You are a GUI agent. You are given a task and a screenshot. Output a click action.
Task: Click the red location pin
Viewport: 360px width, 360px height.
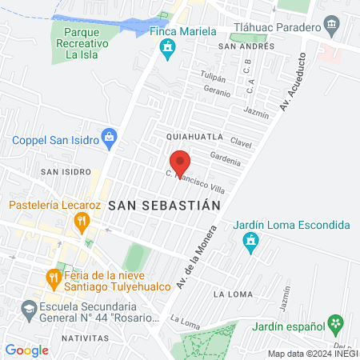point(180,162)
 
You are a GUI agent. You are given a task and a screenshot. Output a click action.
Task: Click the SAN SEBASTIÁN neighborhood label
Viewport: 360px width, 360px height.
point(163,205)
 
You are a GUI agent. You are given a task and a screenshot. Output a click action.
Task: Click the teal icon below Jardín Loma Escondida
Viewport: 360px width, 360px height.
point(251,242)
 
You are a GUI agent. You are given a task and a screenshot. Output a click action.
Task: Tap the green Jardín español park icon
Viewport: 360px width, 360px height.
point(336,324)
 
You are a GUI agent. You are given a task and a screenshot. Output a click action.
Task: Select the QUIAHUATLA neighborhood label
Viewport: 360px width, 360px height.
point(194,137)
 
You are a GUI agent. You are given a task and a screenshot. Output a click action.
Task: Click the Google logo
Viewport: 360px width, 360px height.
point(26,350)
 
